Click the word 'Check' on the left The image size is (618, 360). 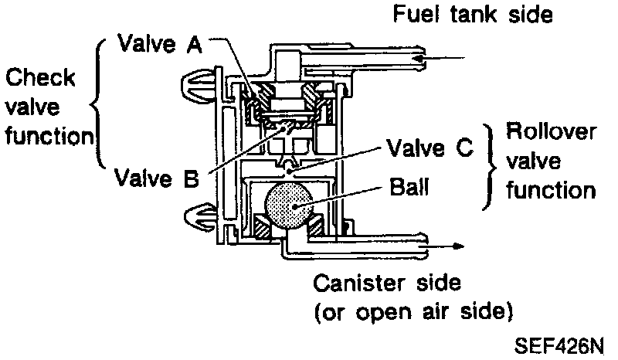(x=40, y=78)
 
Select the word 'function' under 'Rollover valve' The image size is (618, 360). (x=551, y=190)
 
